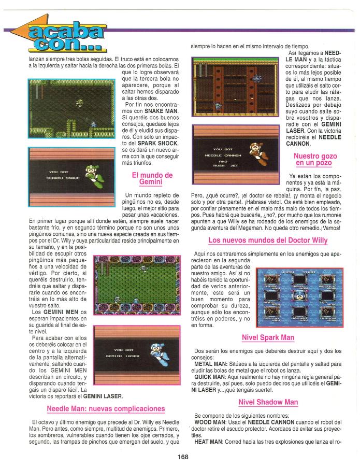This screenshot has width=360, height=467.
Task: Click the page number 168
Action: (x=183, y=457)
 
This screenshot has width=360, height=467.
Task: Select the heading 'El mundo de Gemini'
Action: (x=152, y=178)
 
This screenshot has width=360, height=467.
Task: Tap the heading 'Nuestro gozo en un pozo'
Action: (x=315, y=159)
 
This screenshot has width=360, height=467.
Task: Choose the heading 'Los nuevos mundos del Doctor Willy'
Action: (x=268, y=240)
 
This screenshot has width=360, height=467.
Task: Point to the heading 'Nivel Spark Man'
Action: (x=268, y=337)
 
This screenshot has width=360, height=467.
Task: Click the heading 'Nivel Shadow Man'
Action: (x=268, y=402)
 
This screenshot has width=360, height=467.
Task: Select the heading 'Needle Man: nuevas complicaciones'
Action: (x=106, y=408)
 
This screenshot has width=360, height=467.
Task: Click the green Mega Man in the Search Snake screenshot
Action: (x=95, y=176)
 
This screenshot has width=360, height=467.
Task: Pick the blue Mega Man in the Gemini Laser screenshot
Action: (x=160, y=355)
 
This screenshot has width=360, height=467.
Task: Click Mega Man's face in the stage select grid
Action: (x=299, y=296)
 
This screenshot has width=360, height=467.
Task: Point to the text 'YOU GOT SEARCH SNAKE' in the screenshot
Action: (x=63, y=175)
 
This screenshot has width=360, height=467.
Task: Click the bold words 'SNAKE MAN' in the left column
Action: (x=161, y=111)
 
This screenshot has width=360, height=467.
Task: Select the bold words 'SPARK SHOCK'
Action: (x=157, y=144)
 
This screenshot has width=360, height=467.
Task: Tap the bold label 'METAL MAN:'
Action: (x=211, y=364)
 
